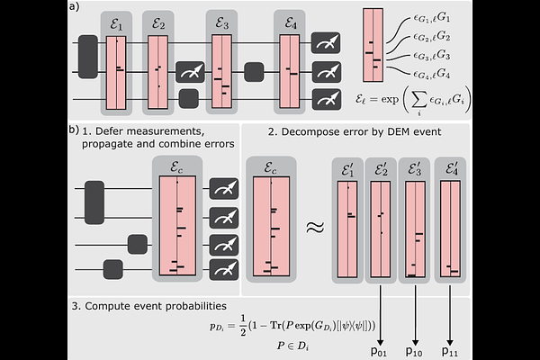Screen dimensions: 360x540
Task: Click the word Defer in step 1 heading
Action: click(116, 130)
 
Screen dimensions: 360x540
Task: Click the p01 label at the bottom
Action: click(381, 351)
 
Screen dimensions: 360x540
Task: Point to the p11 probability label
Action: click(451, 351)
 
